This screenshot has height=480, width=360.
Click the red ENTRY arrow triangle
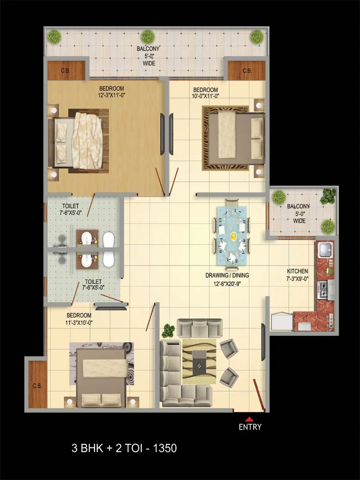(x=249, y=419)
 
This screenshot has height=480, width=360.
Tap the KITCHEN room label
(x=297, y=271)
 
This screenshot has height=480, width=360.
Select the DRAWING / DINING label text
(x=227, y=275)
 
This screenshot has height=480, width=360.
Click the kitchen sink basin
(x=326, y=249)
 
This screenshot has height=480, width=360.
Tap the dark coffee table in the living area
(x=200, y=362)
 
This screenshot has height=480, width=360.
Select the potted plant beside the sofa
(x=168, y=330)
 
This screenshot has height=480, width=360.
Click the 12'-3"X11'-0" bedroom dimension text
(x=112, y=95)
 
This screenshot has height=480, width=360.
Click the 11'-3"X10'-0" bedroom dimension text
(x=79, y=322)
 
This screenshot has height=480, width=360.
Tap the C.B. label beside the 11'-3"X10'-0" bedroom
(x=37, y=386)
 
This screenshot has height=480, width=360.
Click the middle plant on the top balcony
(x=148, y=37)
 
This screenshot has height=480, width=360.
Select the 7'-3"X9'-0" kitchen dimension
(x=297, y=278)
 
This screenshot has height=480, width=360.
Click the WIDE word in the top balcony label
(x=149, y=64)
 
